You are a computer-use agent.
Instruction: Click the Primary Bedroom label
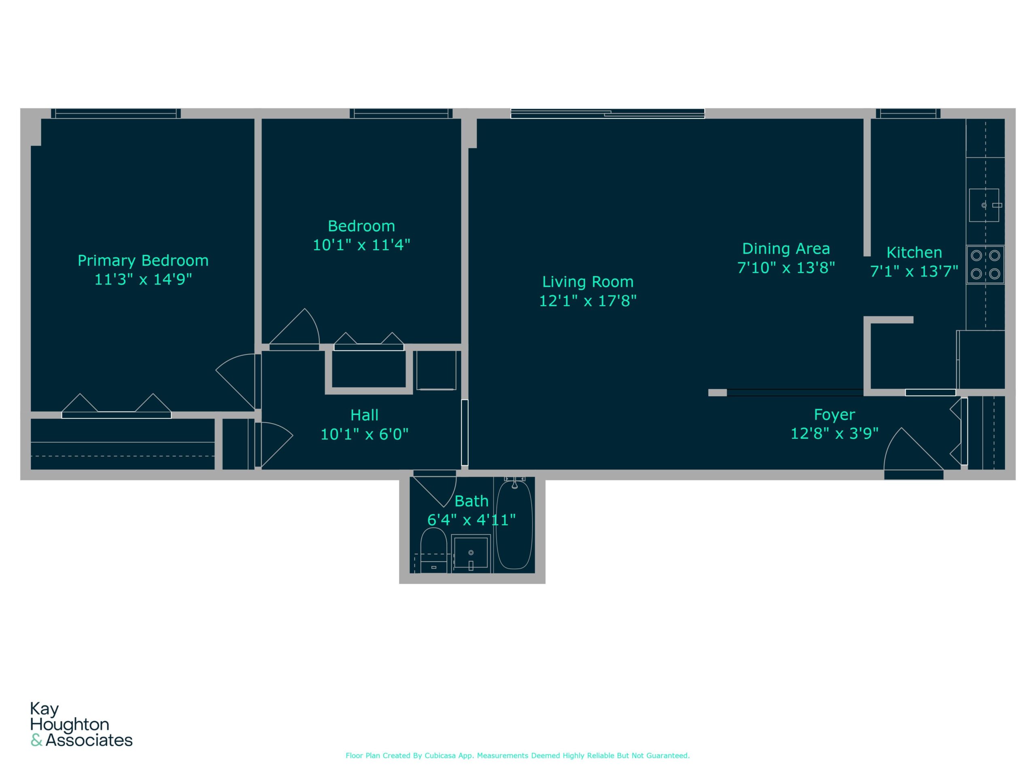[143, 260]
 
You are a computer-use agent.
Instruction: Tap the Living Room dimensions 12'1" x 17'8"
[588, 301]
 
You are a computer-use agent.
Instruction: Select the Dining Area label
[786, 249]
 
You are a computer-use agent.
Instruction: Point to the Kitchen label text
[914, 253]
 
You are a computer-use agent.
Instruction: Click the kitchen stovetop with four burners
[985, 265]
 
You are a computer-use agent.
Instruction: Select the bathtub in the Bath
[514, 525]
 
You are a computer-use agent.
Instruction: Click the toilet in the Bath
[433, 550]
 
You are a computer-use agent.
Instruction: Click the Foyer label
[834, 414]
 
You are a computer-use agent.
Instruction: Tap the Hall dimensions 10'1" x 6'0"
[364, 434]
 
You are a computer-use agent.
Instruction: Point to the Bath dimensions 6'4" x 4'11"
[471, 520]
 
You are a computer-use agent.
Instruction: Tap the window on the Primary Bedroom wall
[116, 113]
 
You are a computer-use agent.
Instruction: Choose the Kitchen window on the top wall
[908, 113]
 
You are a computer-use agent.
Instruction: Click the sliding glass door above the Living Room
[607, 113]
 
